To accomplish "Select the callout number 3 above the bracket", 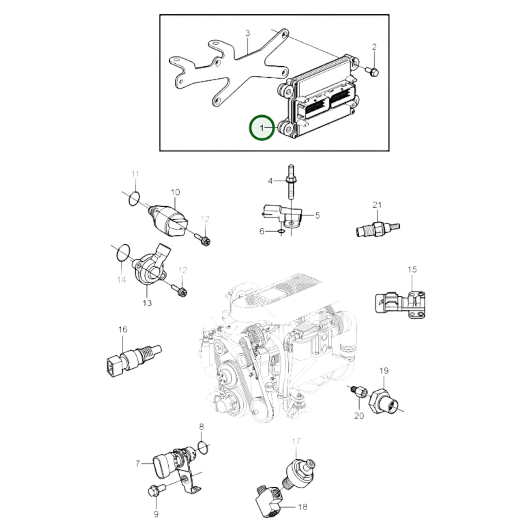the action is point(248,33).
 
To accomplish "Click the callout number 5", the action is point(317,215).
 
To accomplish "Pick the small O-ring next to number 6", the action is point(281,231).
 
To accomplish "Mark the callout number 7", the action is point(138,464).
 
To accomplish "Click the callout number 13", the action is point(147,303).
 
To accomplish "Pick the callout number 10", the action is point(176,192).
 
